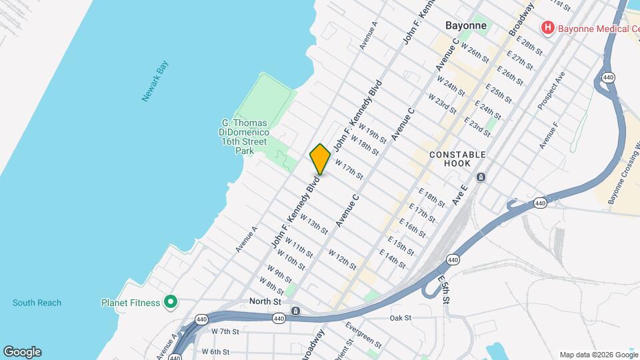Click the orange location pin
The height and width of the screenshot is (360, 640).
320,159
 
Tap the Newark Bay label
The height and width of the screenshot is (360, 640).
155,81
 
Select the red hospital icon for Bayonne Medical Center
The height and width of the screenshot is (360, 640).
547,27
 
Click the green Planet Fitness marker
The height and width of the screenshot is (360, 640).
171,303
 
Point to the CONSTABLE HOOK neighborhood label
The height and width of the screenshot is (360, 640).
457,155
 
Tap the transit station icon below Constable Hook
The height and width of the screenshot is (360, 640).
481,177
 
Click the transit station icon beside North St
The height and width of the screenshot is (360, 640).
295,311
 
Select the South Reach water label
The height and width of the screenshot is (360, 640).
37,303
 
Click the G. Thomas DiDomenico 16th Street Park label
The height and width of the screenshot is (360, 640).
244,137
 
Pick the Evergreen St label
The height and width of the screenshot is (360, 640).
363,335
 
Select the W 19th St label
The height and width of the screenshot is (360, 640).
372,133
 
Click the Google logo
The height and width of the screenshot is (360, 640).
22,352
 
